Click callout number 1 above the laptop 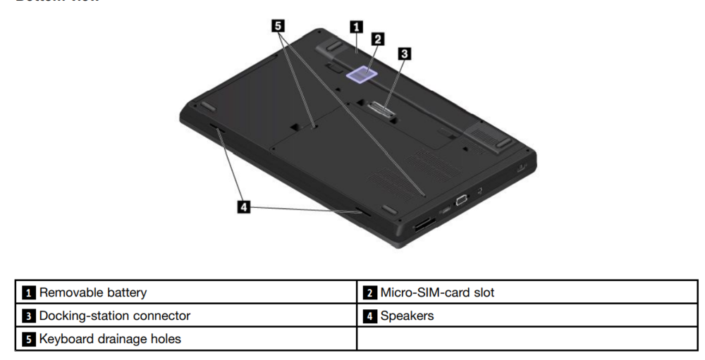click(x=357, y=27)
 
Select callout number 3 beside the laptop click(x=405, y=53)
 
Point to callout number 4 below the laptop click(x=243, y=207)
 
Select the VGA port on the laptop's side click(x=461, y=200)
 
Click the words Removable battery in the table click(x=92, y=292)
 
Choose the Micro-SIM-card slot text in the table click(x=437, y=292)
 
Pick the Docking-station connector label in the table click(x=114, y=316)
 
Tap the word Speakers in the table click(x=407, y=316)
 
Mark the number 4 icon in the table click(x=370, y=316)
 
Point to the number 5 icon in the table click(x=29, y=340)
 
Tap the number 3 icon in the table click(x=29, y=316)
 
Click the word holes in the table click(x=165, y=339)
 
